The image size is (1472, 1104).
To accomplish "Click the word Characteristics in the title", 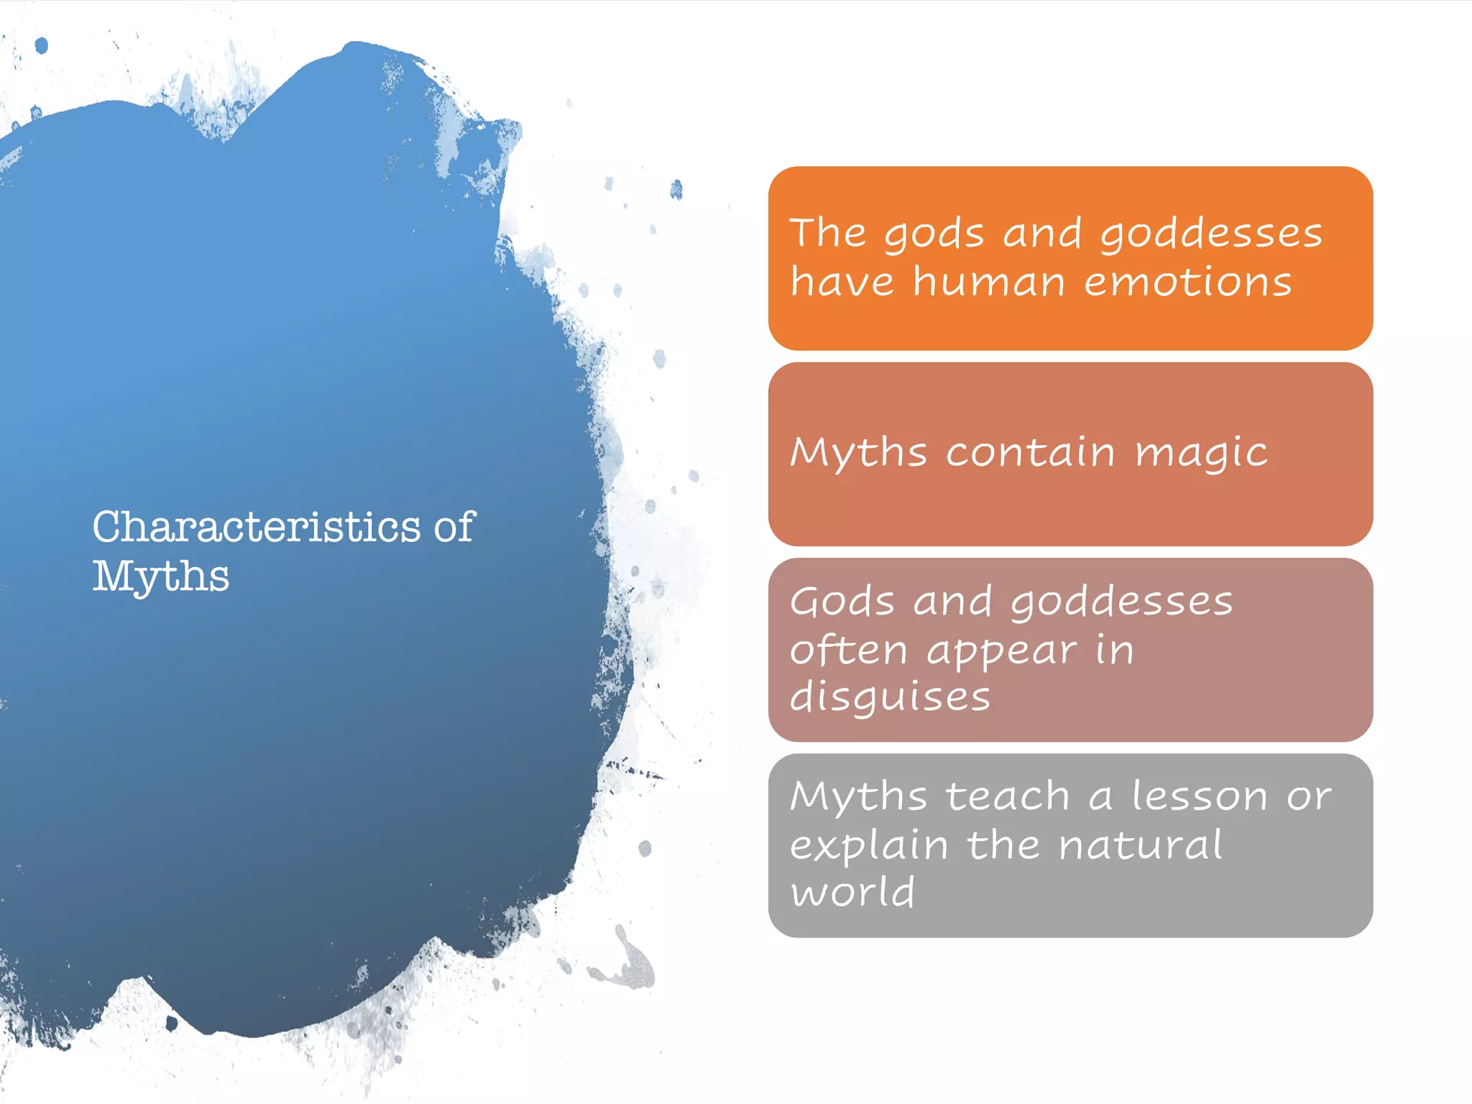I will pos(256,527).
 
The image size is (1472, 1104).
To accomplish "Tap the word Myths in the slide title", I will pos(161,576).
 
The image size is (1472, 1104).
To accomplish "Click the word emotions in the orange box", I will pos(1188,281).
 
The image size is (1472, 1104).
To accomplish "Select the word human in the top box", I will pos(989,281).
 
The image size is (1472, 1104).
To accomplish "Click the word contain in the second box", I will pos(1031,452).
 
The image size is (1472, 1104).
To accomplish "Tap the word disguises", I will pos(891,698).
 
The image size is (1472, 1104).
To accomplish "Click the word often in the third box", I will pos(849,650).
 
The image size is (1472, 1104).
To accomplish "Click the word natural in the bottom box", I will pos(1141,845).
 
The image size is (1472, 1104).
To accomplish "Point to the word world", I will pos(853,892).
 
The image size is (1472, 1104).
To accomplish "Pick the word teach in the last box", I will pos(1008,796).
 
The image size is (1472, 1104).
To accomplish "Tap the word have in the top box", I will pos(842,281).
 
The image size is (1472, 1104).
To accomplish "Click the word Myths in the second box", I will pos(859,453).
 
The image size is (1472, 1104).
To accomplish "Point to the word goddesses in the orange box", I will pos(1211,234).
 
